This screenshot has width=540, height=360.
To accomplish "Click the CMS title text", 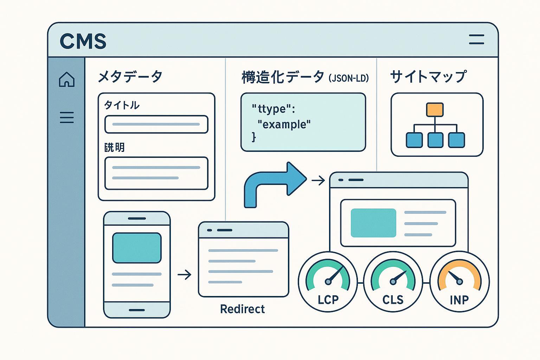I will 83,41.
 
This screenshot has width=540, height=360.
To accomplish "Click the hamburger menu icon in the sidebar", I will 67,117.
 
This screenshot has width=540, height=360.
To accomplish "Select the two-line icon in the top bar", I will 476,39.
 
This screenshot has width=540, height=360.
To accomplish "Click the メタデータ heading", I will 130,76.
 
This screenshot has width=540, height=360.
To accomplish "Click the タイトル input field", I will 156,124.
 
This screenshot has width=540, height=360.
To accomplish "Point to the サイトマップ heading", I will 428,76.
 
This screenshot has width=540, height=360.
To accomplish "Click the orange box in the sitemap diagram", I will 435,110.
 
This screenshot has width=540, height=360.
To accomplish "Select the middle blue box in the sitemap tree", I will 435,140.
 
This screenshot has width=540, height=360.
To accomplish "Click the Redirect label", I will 242,309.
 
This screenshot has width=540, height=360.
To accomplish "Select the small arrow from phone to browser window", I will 184,275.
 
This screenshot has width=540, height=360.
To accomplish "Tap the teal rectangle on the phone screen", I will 137,248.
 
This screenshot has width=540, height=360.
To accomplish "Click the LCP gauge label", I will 328,300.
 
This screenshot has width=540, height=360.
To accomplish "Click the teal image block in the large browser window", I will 373,223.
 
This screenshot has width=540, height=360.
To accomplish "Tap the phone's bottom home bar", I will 137,310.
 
